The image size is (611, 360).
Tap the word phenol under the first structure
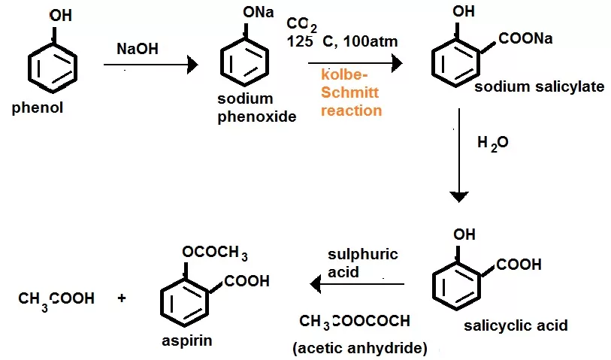[38, 108]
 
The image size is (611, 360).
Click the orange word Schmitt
[350, 92]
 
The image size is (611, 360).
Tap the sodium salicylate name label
[539, 87]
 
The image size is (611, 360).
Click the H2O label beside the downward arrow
[493, 142]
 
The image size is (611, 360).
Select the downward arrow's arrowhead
[460, 197]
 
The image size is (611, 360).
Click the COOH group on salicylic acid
[519, 265]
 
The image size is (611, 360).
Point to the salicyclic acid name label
[515, 326]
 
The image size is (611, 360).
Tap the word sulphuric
[362, 254]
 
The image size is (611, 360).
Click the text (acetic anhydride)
[359, 349]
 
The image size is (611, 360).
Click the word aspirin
[186, 340]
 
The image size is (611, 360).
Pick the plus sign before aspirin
[122, 298]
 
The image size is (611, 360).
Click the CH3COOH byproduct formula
[56, 299]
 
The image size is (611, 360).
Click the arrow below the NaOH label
[150, 66]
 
